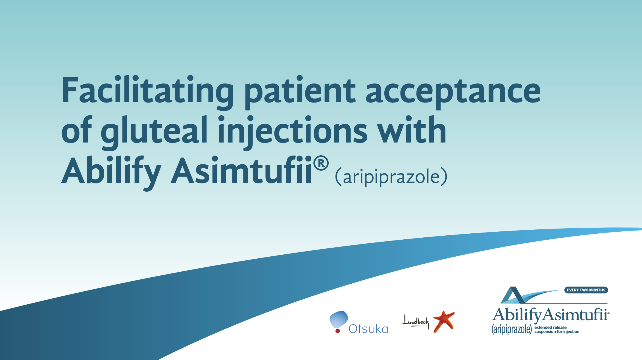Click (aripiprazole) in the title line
click(391, 177)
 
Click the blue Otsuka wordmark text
click(368, 329)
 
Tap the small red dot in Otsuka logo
click(338, 330)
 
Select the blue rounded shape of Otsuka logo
click(339, 319)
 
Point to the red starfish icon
click(444, 321)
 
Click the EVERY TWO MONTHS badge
click(586, 290)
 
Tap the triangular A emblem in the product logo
click(513, 295)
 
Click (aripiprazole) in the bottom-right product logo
click(512, 329)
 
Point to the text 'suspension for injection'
click(557, 332)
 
